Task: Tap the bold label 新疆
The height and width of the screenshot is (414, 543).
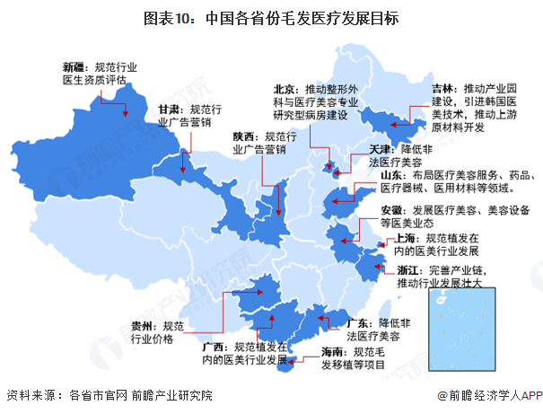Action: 74,66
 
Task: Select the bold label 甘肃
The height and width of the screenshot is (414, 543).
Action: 170,107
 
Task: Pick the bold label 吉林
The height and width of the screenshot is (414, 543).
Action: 442,89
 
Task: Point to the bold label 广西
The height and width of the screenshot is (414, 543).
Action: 214,348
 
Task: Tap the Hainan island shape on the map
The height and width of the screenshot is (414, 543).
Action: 286,364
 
